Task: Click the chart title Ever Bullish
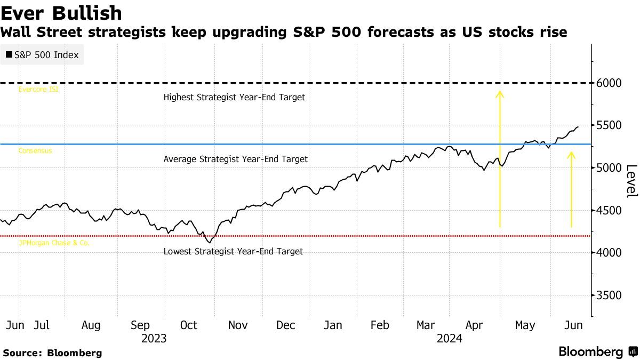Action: (61, 13)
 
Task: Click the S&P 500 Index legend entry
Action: (42, 55)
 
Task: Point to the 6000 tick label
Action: (610, 83)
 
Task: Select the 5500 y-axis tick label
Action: (610, 125)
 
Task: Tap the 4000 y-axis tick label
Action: (610, 253)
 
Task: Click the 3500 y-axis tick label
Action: (610, 295)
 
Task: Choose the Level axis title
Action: (631, 181)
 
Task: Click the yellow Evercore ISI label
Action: (38, 90)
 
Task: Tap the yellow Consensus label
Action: (35, 151)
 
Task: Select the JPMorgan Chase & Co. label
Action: (54, 243)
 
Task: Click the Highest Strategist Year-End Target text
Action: (234, 98)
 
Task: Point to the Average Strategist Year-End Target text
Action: (235, 159)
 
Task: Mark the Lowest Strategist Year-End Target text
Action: (233, 251)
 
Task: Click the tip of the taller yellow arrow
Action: (500, 92)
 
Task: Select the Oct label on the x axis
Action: (189, 325)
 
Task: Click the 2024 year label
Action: (449, 338)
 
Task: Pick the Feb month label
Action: (379, 325)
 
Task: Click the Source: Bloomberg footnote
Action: (52, 353)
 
